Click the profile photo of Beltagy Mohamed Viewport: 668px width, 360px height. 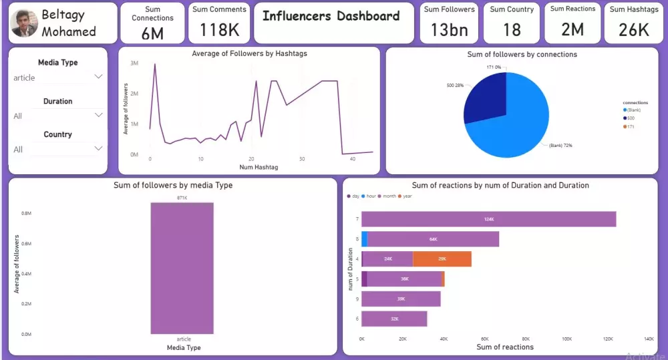pyautogui.click(x=25, y=23)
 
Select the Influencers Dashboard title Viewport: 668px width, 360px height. pyautogui.click(x=331, y=16)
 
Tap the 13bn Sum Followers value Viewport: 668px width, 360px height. pyautogui.click(x=449, y=29)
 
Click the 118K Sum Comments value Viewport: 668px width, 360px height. pyautogui.click(x=219, y=29)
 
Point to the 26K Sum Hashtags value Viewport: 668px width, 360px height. pyautogui.click(x=633, y=29)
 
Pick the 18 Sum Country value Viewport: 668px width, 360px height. pyautogui.click(x=512, y=29)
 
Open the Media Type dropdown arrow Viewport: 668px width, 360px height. pyautogui.click(x=99, y=77)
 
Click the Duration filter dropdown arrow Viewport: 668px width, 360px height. pyautogui.click(x=99, y=115)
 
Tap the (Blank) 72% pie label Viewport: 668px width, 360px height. pyautogui.click(x=560, y=145)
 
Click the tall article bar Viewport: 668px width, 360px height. pyautogui.click(x=182, y=267)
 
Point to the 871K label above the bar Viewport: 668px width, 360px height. pyautogui.click(x=182, y=198)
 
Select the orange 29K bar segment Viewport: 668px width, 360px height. pyautogui.click(x=442, y=258)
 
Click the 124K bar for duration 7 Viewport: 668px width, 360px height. pyautogui.click(x=488, y=219)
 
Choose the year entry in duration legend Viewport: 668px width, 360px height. pyautogui.click(x=406, y=196)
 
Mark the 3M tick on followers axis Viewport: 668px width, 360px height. pyautogui.click(x=134, y=63)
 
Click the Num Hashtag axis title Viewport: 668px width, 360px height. pyautogui.click(x=259, y=167)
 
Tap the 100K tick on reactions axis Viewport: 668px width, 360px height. pyautogui.click(x=566, y=339)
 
